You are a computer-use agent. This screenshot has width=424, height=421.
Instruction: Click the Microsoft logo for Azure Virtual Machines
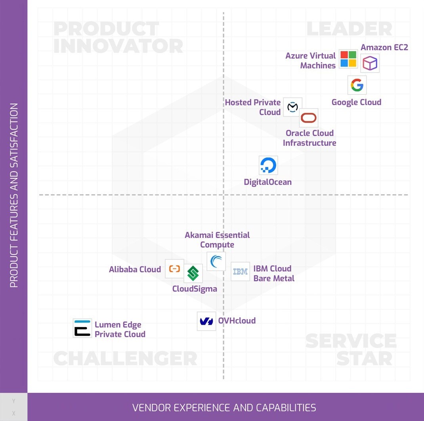(349, 59)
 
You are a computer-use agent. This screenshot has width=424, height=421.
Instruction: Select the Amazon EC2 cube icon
(370, 63)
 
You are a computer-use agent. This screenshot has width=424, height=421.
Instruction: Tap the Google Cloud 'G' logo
(357, 85)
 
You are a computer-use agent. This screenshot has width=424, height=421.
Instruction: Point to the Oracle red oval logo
(308, 118)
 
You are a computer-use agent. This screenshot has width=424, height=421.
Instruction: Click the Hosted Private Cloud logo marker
(292, 107)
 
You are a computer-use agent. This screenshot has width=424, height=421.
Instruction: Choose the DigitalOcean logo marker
(268, 165)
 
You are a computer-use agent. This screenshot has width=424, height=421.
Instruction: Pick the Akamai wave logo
(216, 262)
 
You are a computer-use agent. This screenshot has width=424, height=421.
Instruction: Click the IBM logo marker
(240, 272)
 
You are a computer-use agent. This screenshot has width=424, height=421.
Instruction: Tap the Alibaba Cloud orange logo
(174, 269)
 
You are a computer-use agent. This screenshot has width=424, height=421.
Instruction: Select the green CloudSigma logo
(193, 274)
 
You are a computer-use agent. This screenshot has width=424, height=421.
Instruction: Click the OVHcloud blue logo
(206, 321)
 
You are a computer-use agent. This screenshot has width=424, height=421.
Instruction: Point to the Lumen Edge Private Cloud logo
(82, 328)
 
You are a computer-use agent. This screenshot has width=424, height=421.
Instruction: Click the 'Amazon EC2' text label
(384, 47)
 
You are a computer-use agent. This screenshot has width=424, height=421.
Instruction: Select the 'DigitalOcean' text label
(267, 182)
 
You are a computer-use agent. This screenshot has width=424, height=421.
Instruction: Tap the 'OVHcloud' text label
(237, 321)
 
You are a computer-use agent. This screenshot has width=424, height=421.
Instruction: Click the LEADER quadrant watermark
(349, 29)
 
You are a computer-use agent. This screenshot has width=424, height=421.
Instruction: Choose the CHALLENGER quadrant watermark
(125, 358)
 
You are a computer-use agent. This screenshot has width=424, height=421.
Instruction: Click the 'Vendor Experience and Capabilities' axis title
(224, 408)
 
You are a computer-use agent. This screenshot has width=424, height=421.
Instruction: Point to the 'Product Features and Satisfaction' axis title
(14, 195)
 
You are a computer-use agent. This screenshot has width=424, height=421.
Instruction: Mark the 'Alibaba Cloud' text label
(135, 270)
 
